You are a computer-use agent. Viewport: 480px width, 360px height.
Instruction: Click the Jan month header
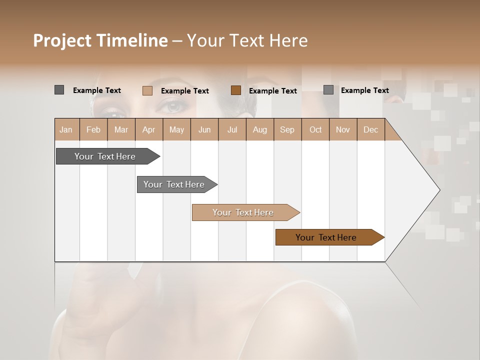coord(66,129)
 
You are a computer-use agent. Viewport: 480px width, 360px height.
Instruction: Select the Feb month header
coord(93,129)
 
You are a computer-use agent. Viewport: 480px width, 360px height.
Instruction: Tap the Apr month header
coord(148,129)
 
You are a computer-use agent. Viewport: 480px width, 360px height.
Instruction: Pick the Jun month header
coord(204,129)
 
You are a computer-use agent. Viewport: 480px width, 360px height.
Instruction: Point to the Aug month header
coord(259,129)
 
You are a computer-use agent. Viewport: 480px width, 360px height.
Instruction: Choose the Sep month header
coord(287,129)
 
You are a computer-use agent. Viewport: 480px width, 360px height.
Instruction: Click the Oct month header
coord(315,129)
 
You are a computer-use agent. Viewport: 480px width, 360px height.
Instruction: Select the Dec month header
coord(370,129)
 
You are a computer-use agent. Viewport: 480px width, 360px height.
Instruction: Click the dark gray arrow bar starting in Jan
coord(105,156)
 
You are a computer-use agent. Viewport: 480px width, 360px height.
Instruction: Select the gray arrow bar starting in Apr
coord(174,184)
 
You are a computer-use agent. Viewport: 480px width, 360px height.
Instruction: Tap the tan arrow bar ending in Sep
coord(243,212)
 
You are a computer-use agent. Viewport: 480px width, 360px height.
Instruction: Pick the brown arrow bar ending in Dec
coord(326,237)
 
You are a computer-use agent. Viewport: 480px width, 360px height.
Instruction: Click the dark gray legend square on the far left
coord(59,90)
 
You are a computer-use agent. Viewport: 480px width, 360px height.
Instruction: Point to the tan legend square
coord(147,90)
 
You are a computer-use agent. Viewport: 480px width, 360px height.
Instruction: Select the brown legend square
coord(236,90)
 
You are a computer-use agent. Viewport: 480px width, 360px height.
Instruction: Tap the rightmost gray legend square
coord(328,90)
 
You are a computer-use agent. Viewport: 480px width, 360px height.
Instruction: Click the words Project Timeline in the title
coord(100,40)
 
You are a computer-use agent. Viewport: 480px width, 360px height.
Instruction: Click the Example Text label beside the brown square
coord(273,91)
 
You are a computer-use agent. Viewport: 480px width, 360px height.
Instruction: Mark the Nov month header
coord(343,129)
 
